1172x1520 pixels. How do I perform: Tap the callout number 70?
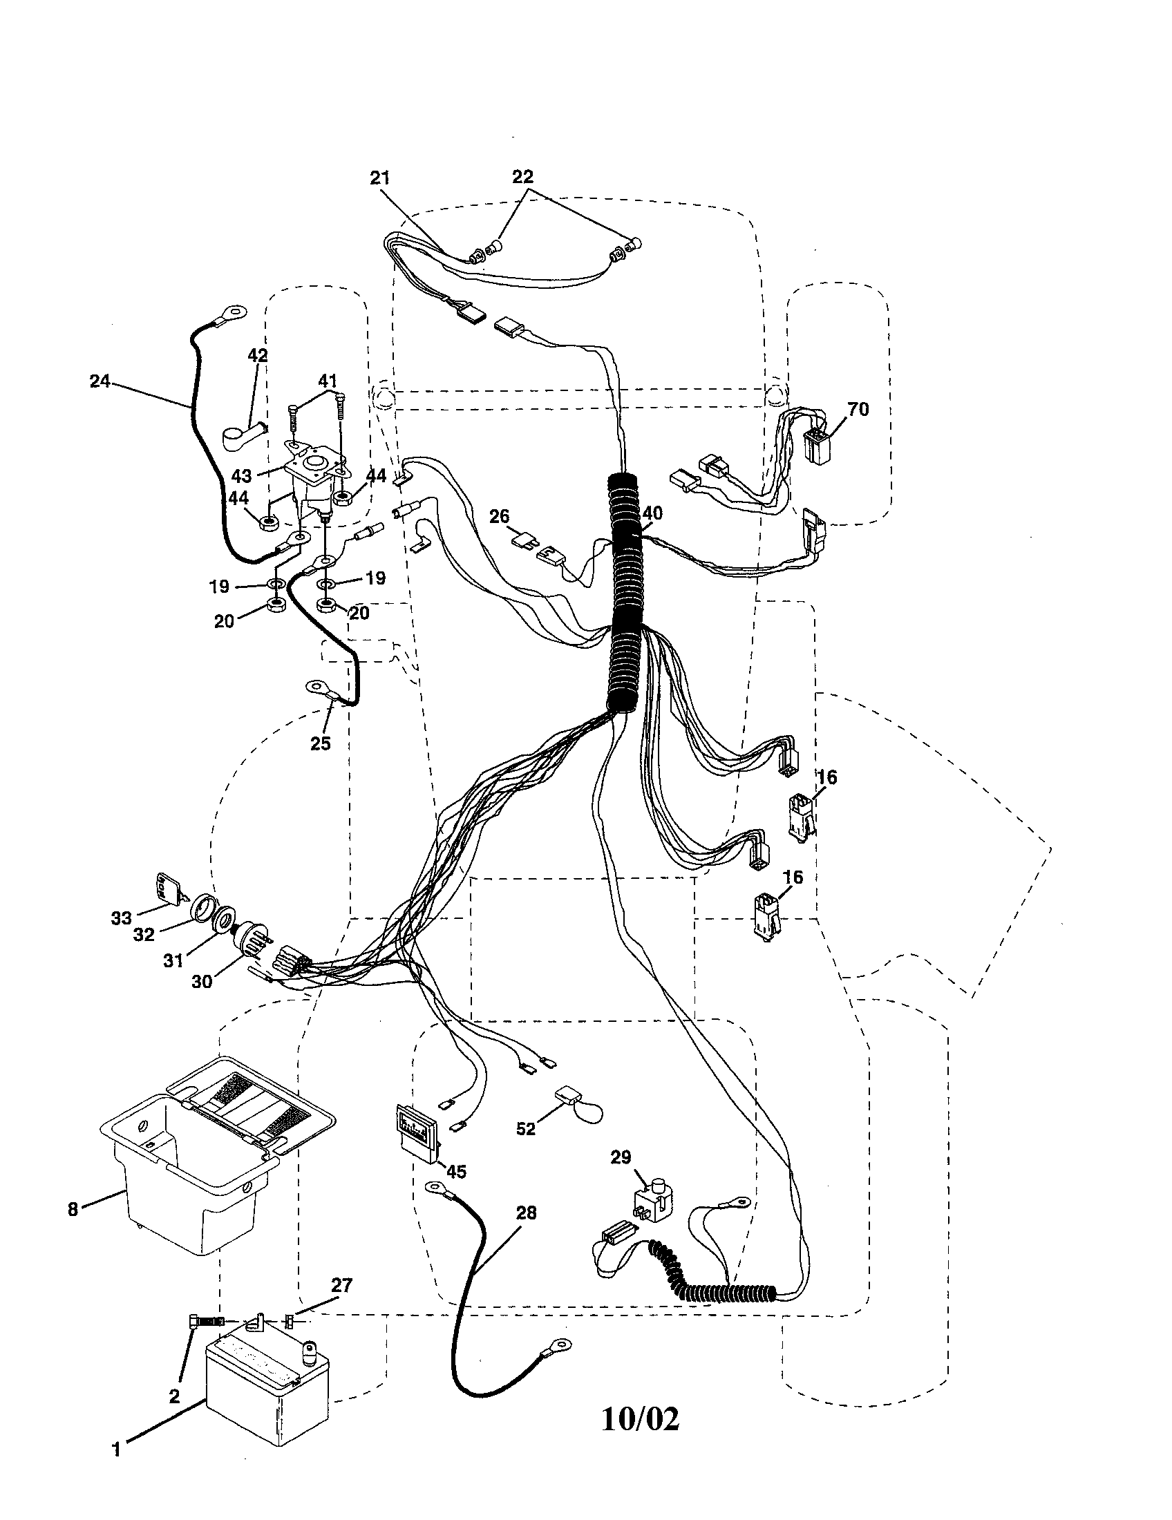858,409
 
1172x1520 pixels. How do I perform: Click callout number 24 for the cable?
100,381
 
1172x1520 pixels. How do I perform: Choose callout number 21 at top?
379,178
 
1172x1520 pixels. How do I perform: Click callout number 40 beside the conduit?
652,513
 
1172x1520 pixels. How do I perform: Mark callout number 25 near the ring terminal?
320,743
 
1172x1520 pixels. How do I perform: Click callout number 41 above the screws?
327,381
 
